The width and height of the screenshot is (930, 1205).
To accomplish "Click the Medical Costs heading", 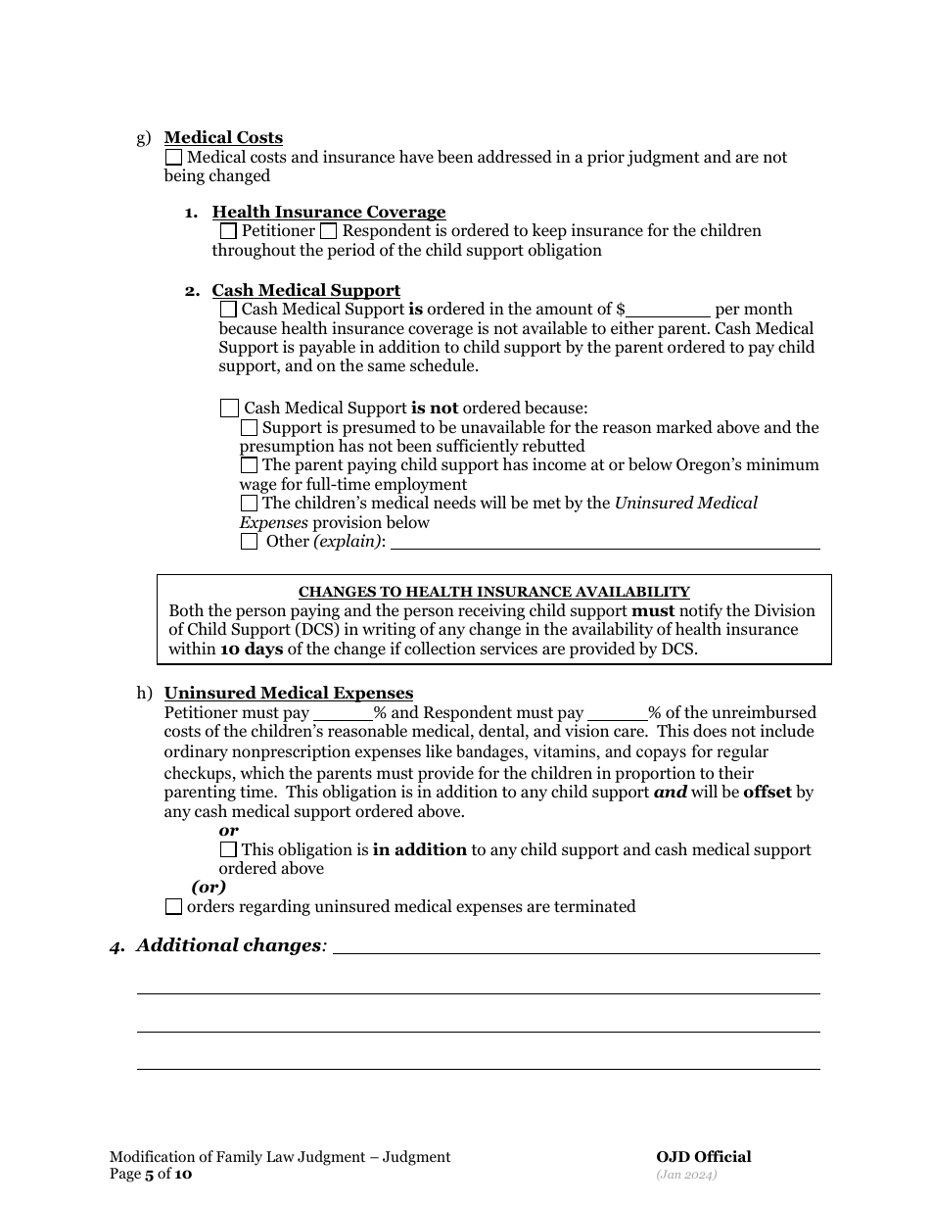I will click(223, 137).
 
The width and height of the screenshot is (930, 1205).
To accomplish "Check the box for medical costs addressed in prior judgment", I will click(173, 157).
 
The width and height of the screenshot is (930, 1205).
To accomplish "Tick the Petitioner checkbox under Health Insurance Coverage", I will click(228, 231).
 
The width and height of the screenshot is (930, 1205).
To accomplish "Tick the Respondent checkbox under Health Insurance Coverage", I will click(329, 231).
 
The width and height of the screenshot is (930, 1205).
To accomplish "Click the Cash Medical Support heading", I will click(305, 290).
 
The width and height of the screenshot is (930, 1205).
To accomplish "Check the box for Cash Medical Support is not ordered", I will click(229, 408).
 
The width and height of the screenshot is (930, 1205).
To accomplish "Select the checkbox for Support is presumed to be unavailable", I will click(249, 428).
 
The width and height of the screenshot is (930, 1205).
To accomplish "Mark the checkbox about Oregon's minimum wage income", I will click(249, 465).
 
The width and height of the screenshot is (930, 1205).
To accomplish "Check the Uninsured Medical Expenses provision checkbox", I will click(249, 503).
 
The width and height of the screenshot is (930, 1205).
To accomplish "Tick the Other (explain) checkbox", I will click(249, 541).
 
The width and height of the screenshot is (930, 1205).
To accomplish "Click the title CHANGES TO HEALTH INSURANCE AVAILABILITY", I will click(493, 592).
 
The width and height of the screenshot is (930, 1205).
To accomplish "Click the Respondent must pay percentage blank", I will click(618, 713).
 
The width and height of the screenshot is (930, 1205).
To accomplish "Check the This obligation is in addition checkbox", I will click(228, 849).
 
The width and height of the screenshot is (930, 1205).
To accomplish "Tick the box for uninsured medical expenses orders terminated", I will click(173, 906).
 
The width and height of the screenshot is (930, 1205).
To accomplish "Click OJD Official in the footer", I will click(703, 1157).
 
